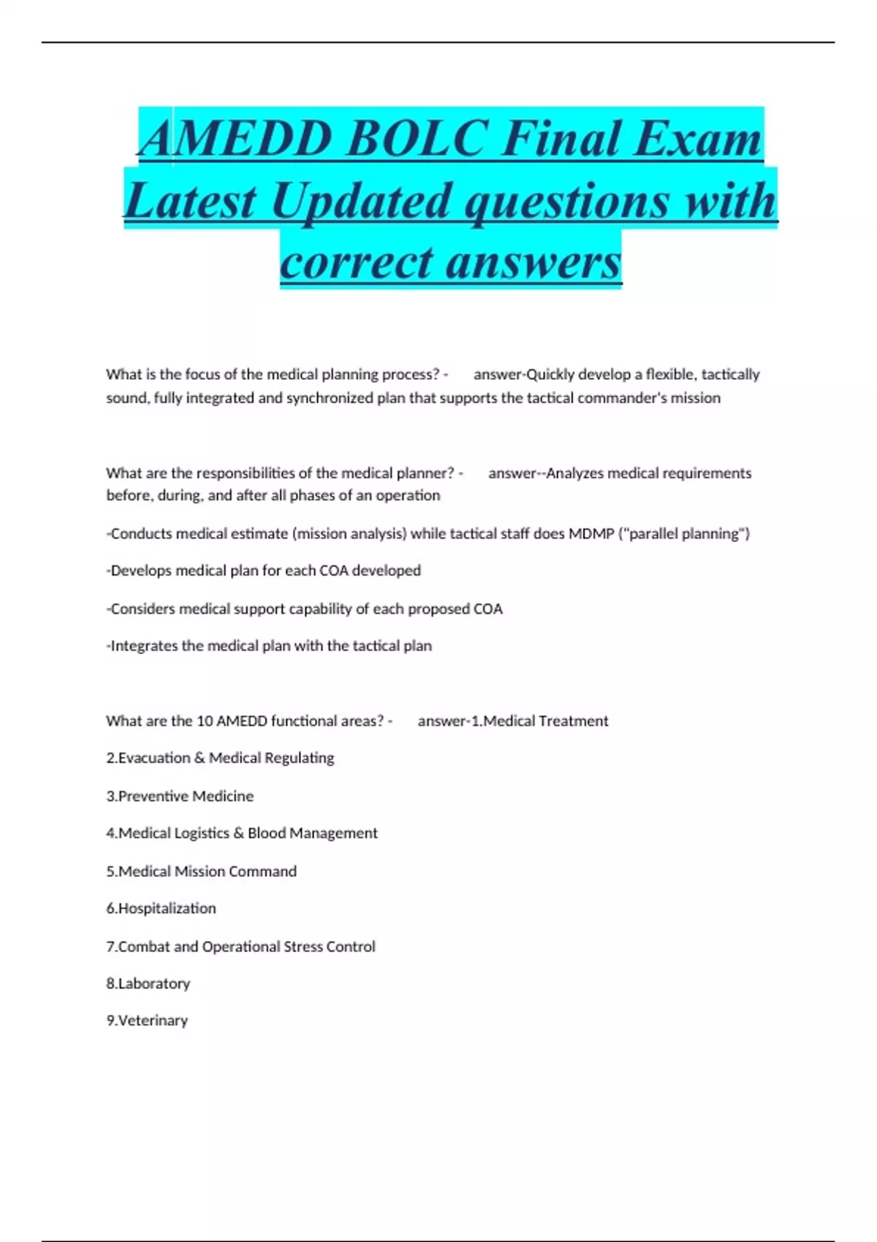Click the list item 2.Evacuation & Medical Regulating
click(x=220, y=758)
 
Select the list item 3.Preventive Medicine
click(x=180, y=796)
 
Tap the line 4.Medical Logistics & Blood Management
click(x=242, y=833)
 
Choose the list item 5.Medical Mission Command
click(x=202, y=871)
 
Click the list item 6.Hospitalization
click(x=161, y=908)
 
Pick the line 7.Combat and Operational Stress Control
click(x=240, y=946)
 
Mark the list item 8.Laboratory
click(x=148, y=983)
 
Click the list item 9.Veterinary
click(x=147, y=1021)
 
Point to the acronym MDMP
click(x=591, y=533)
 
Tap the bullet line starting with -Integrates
click(x=269, y=646)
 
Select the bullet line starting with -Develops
click(x=264, y=571)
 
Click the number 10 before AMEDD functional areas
click(x=205, y=721)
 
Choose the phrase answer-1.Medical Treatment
click(x=513, y=721)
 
